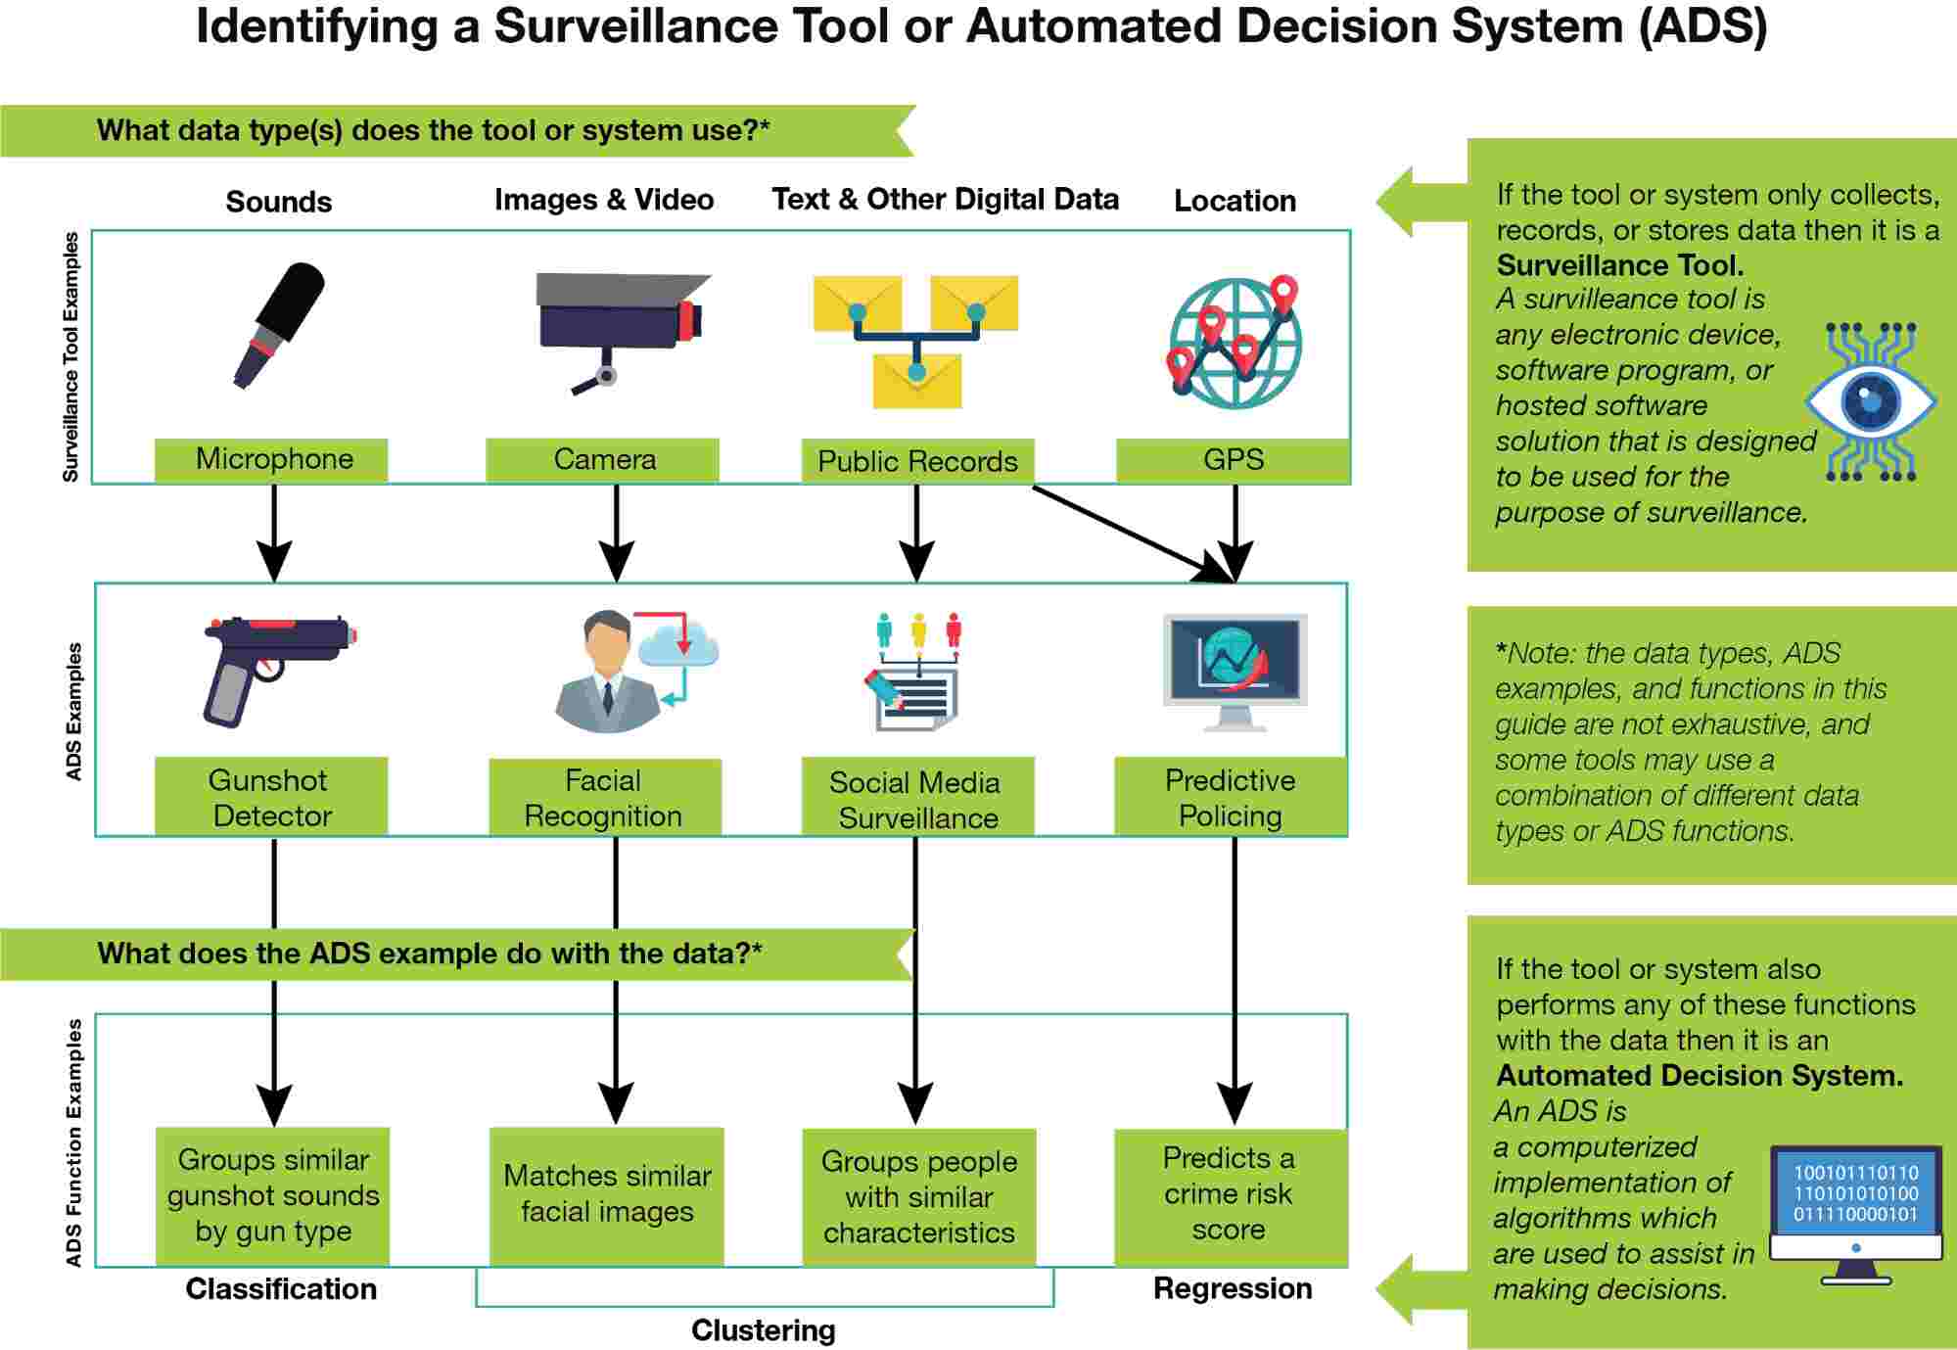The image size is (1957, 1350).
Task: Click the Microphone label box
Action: (x=271, y=459)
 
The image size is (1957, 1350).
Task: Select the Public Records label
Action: (x=917, y=461)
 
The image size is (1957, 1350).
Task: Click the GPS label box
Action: (x=1233, y=459)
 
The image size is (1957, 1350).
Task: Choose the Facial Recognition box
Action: (x=604, y=797)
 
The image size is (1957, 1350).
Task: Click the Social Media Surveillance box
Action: (x=917, y=799)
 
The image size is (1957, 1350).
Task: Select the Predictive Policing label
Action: (x=1231, y=797)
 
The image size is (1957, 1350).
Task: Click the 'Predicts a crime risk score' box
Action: (x=1231, y=1194)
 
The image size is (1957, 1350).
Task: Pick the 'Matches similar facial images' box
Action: (x=607, y=1194)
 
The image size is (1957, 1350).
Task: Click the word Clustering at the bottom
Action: (x=764, y=1330)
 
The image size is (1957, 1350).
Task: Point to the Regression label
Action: (x=1233, y=1288)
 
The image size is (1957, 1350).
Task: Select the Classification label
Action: (x=281, y=1288)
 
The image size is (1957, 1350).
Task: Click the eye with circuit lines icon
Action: (x=1871, y=401)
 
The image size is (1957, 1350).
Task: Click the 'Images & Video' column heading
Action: (x=604, y=200)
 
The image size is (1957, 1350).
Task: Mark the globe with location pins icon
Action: (x=1235, y=342)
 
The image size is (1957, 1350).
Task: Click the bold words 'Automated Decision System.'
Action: (x=1700, y=1075)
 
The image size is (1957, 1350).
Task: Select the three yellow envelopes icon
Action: (x=916, y=341)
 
